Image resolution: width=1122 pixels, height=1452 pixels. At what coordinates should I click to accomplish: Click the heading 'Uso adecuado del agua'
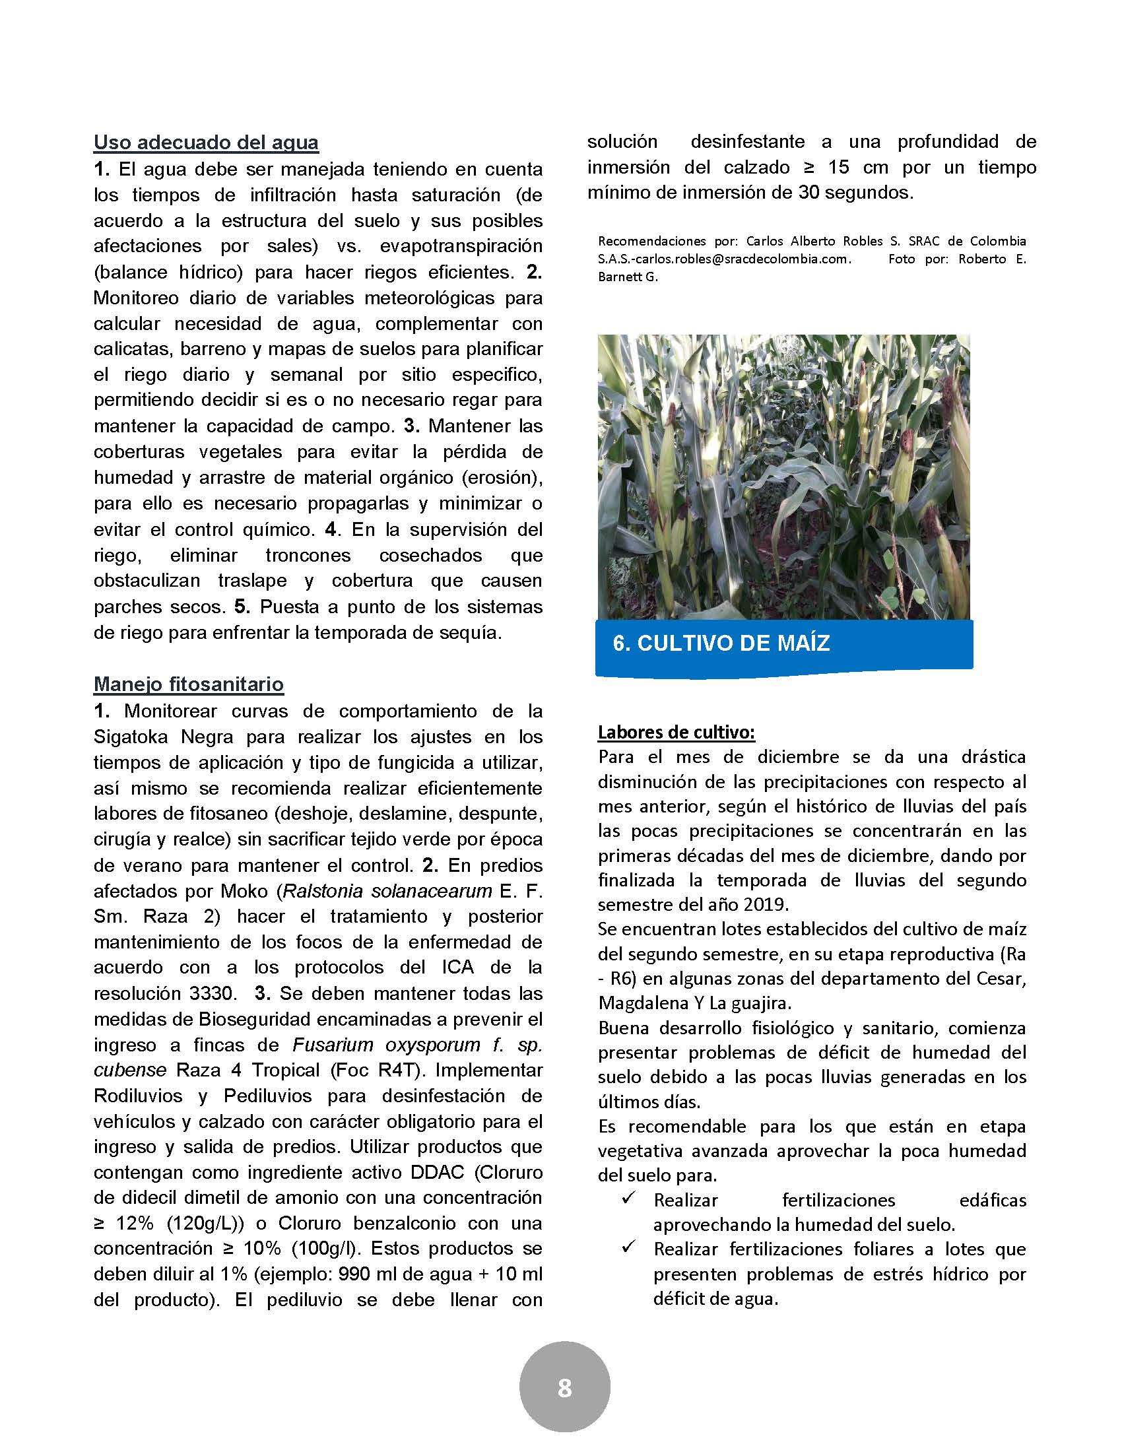click(x=206, y=143)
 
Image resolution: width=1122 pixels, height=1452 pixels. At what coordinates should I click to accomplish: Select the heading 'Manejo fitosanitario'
click(x=189, y=684)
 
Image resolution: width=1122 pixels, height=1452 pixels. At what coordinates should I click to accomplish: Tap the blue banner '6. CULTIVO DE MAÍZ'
click(x=721, y=643)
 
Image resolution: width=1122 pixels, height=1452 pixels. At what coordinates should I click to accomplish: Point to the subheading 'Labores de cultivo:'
click(x=676, y=733)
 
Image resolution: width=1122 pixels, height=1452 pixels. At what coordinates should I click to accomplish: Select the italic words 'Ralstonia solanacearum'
click(x=386, y=891)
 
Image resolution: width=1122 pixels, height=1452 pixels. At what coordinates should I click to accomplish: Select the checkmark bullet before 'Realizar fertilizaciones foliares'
click(x=628, y=1247)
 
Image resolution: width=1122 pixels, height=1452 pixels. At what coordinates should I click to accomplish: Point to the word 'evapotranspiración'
click(x=461, y=246)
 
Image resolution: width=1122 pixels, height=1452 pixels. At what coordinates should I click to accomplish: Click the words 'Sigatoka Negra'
click(x=180, y=737)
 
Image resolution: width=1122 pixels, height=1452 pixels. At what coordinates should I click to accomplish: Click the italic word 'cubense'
click(x=129, y=1070)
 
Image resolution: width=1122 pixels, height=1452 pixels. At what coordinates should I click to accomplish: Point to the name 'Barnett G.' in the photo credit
click(x=628, y=277)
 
